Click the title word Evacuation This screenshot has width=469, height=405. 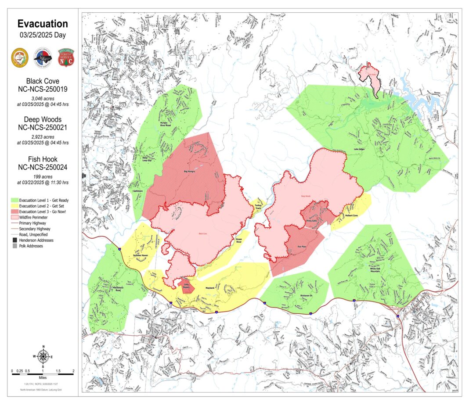(x=43, y=24)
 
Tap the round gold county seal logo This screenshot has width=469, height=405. (x=20, y=57)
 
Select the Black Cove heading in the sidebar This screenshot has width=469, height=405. (x=43, y=81)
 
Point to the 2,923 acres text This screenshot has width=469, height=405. (x=43, y=136)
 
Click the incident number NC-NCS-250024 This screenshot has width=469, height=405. (x=43, y=167)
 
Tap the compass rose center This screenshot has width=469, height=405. (x=43, y=356)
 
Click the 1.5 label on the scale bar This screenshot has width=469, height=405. (x=58, y=370)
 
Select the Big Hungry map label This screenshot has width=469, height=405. (x=189, y=171)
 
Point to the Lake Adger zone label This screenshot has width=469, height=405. (x=359, y=149)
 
